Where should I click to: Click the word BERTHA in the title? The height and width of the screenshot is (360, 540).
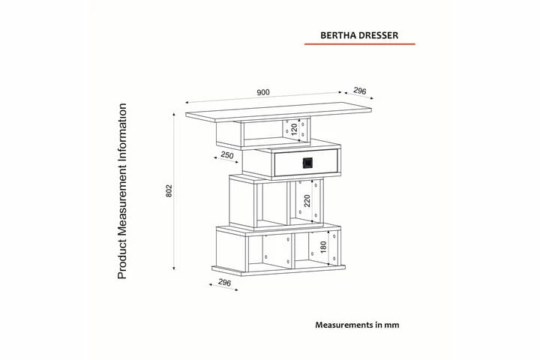coord(338,34)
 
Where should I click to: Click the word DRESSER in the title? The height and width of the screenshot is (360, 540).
coord(379,34)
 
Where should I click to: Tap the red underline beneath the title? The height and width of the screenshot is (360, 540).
coord(358,44)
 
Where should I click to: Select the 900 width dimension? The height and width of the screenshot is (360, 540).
coord(262,93)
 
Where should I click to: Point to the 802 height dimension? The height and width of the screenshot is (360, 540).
coord(169,192)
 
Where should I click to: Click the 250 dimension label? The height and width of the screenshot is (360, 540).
coord(227,156)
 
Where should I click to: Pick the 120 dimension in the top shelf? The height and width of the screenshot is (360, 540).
coord(295,129)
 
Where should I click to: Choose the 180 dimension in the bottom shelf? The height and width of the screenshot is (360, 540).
coord(323,248)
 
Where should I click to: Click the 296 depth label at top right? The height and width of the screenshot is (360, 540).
coord(360,91)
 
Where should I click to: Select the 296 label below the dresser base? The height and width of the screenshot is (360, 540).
coord(223,283)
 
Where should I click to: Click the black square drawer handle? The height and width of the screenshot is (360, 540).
coord(306,162)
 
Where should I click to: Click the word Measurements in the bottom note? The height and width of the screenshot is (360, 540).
coord(343,325)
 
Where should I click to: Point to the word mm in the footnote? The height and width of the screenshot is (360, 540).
coord(391,325)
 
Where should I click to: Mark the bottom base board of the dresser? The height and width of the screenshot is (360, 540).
coord(279,270)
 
